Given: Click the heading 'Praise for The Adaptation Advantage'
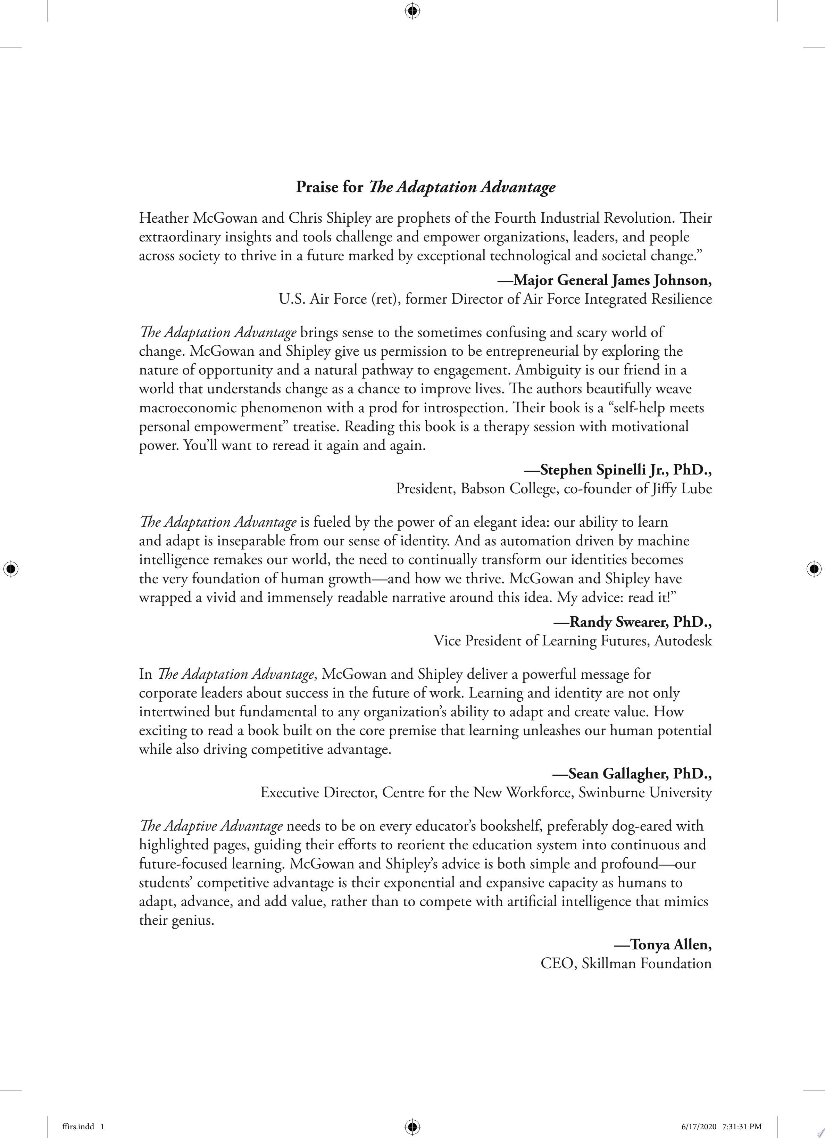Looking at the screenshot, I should (425, 187).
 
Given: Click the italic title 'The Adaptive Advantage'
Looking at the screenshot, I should (211, 826).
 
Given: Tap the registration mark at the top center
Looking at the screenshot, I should (412, 10).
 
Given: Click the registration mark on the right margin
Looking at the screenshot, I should (814, 569).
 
